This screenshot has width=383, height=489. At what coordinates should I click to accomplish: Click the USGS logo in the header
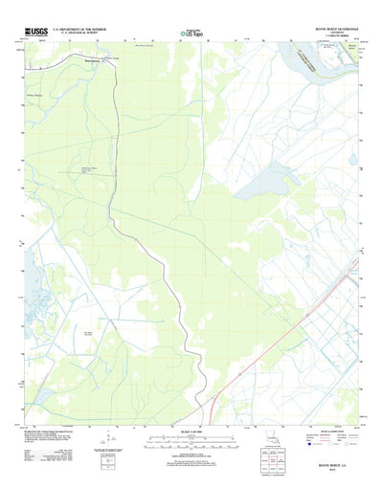[35, 33]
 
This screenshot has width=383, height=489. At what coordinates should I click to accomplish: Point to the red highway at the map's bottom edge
[215, 411]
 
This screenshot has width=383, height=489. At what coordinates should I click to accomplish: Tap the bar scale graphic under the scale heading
[191, 439]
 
